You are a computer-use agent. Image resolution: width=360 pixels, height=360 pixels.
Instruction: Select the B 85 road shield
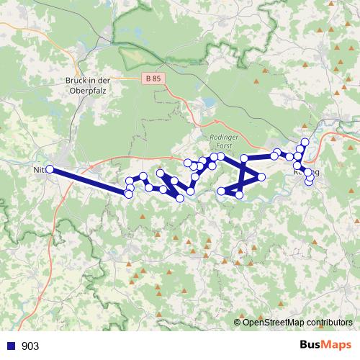(x=151, y=78)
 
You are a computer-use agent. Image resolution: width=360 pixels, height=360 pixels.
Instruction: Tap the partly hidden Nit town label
(x=39, y=171)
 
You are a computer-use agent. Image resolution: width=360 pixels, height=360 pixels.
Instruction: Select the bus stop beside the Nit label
(x=50, y=169)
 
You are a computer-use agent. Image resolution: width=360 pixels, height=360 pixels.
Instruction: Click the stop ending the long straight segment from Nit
(x=128, y=194)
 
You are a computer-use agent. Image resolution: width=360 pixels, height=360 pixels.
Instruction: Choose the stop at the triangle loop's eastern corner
(x=261, y=176)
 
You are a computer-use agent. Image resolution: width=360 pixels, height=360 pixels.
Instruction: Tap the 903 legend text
(x=30, y=346)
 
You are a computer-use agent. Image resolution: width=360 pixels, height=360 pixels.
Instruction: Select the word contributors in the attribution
(x=330, y=322)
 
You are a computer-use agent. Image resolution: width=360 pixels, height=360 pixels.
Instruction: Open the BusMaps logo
(x=325, y=346)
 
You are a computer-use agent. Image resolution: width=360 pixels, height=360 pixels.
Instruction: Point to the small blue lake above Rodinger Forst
(x=209, y=104)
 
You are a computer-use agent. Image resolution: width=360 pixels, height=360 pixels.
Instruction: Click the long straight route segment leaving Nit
(x=89, y=181)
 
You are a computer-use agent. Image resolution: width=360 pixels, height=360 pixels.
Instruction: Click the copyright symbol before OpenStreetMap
(x=238, y=322)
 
